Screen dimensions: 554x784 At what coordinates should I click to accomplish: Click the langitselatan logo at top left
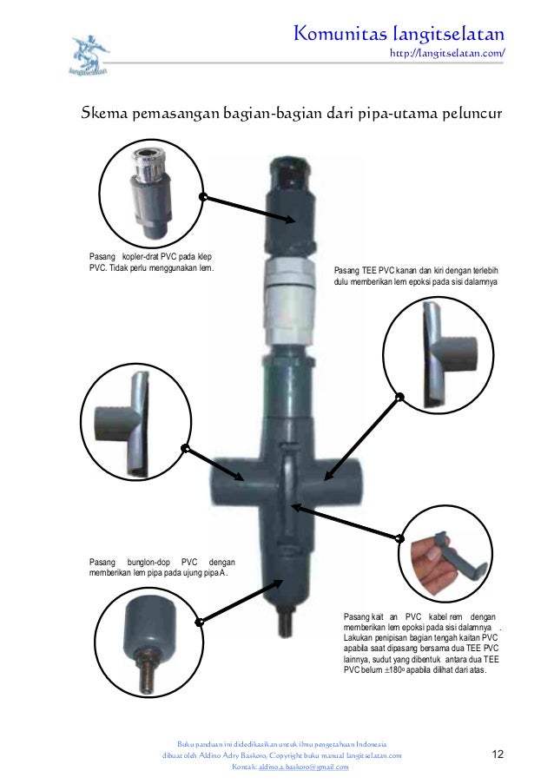pyautogui.click(x=89, y=55)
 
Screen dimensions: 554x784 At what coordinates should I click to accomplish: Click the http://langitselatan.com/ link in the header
pyautogui.click(x=447, y=53)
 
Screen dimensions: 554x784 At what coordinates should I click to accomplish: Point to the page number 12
pyautogui.click(x=498, y=754)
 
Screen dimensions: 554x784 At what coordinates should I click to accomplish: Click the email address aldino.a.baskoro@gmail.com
pyautogui.click(x=303, y=767)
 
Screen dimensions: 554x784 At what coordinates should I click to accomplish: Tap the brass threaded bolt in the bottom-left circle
pyautogui.click(x=148, y=673)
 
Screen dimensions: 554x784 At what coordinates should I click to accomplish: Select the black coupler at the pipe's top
pyautogui.click(x=291, y=205)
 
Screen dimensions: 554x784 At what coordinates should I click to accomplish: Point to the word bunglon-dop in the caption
pyautogui.click(x=148, y=562)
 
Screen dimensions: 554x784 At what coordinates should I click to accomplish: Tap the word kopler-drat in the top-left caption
pyautogui.click(x=140, y=256)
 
